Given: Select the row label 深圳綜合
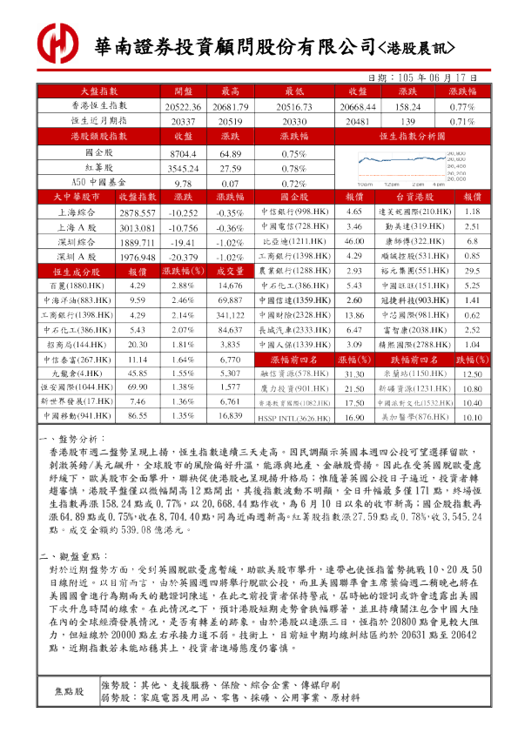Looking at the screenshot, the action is (77, 242).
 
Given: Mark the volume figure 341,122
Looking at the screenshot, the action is (230, 315).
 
